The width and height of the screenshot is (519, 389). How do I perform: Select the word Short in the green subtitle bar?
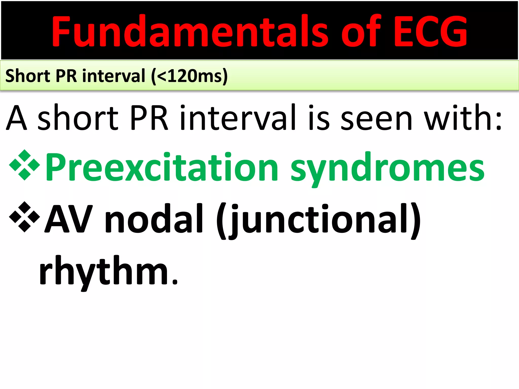[x=28, y=76]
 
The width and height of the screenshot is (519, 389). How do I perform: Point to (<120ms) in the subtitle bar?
[x=189, y=76]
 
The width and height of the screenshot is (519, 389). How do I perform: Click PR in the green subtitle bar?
[x=66, y=76]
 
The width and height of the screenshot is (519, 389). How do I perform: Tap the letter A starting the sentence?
[x=16, y=118]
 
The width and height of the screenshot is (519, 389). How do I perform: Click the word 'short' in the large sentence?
[x=78, y=118]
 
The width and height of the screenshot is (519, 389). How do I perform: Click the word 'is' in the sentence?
[x=319, y=118]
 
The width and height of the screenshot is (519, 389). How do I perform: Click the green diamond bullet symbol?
[x=25, y=165]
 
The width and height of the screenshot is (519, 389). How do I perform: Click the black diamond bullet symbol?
[x=25, y=217]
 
